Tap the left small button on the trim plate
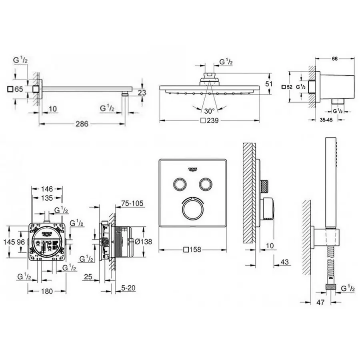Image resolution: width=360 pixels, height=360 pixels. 179,184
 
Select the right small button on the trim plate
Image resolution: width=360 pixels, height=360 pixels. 206,184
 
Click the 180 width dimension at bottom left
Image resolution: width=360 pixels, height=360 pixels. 47,291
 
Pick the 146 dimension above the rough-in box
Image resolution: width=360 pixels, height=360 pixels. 47,188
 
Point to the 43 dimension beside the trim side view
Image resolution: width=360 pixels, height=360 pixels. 285,262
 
